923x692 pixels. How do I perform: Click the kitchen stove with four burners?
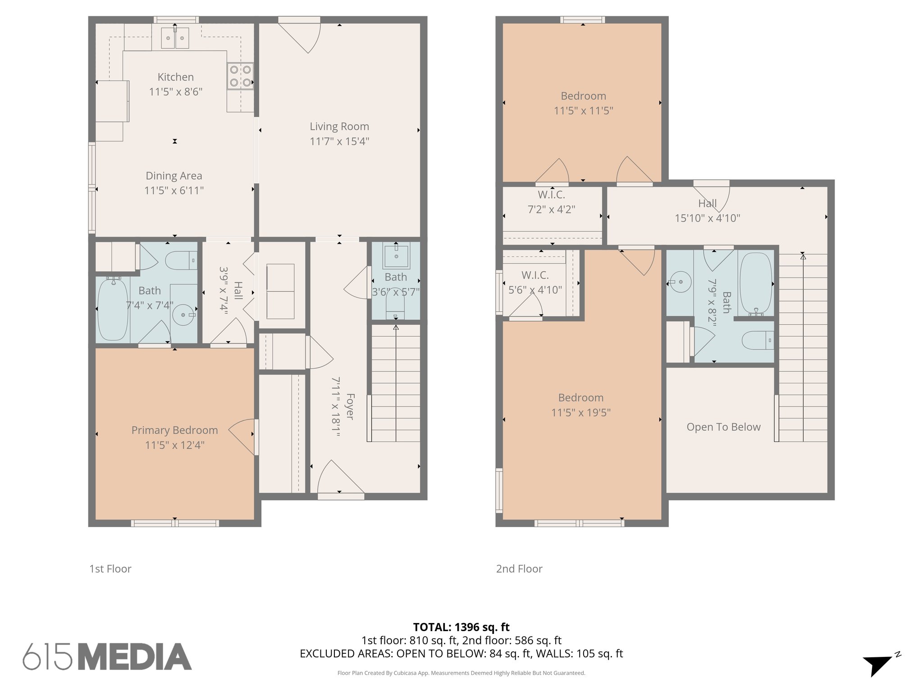click(x=240, y=76)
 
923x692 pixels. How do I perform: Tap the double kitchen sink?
click(x=175, y=38)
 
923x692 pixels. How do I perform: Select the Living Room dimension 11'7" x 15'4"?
click(x=339, y=141)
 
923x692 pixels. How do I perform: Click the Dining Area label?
click(x=174, y=176)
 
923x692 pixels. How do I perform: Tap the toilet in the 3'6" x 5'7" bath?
click(x=396, y=308)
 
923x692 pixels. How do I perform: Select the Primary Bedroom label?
click(x=174, y=430)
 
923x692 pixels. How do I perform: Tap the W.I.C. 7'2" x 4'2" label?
click(x=551, y=202)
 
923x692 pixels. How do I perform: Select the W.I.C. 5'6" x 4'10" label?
click(x=535, y=282)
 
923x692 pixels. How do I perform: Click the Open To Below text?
click(x=723, y=427)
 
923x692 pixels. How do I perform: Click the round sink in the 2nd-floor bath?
click(x=681, y=282)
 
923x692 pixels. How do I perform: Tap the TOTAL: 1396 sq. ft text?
click(x=461, y=627)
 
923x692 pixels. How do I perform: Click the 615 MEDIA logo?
click(x=107, y=657)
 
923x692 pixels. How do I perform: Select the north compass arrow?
click(x=877, y=665)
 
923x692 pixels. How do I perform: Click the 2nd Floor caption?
click(x=519, y=569)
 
